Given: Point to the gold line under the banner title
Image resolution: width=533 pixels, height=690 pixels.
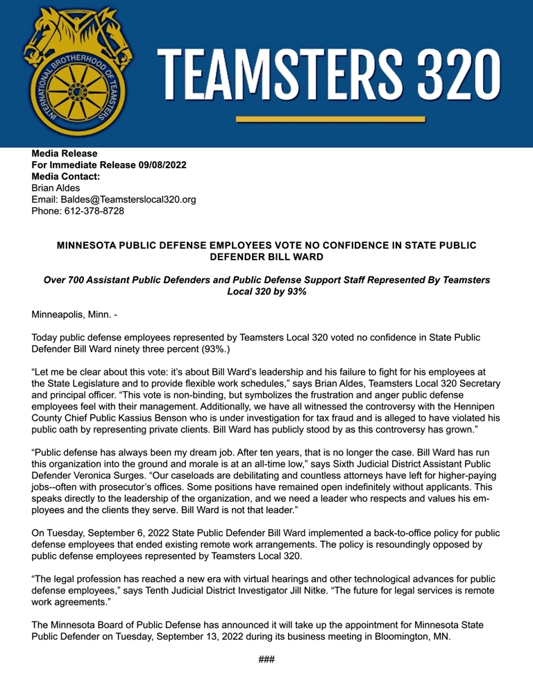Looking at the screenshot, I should (x=330, y=119).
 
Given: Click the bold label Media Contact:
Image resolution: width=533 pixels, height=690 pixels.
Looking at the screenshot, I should (x=67, y=177).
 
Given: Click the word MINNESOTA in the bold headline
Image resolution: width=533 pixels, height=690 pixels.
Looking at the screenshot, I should (x=89, y=245).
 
